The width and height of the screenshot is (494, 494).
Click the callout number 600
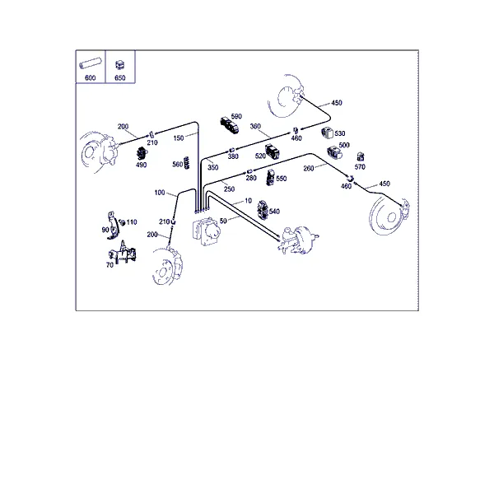pyautogui.click(x=90, y=78)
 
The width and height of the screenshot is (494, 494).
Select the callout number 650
pyautogui.click(x=120, y=78)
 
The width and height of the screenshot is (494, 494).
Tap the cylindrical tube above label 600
pyautogui.click(x=90, y=63)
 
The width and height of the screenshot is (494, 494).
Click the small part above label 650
pyautogui.click(x=119, y=65)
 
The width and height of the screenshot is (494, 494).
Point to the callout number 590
pyautogui.click(x=236, y=116)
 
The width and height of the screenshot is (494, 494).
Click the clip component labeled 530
pyautogui.click(x=328, y=133)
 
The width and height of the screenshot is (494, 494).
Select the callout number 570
pyautogui.click(x=360, y=166)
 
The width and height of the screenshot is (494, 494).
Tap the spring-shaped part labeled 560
pyautogui.click(x=187, y=162)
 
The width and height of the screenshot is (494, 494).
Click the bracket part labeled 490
pyautogui.click(x=142, y=154)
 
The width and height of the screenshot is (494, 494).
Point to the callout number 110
pyautogui.click(x=132, y=222)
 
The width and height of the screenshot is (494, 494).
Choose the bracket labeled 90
pyautogui.click(x=113, y=226)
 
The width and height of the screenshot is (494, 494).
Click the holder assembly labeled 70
pyautogui.click(x=123, y=253)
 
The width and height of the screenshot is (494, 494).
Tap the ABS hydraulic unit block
pyautogui.click(x=207, y=231)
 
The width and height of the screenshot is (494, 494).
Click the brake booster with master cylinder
pyautogui.click(x=298, y=240)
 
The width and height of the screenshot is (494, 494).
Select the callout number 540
pyautogui.click(x=274, y=212)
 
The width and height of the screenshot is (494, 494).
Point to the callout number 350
pyautogui.click(x=213, y=167)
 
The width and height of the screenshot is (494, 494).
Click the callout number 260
pyautogui.click(x=309, y=169)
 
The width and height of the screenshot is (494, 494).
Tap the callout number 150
pyautogui.click(x=179, y=138)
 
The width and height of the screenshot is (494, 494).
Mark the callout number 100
pyautogui.click(x=160, y=193)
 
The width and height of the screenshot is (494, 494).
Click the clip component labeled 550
pyautogui.click(x=270, y=178)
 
